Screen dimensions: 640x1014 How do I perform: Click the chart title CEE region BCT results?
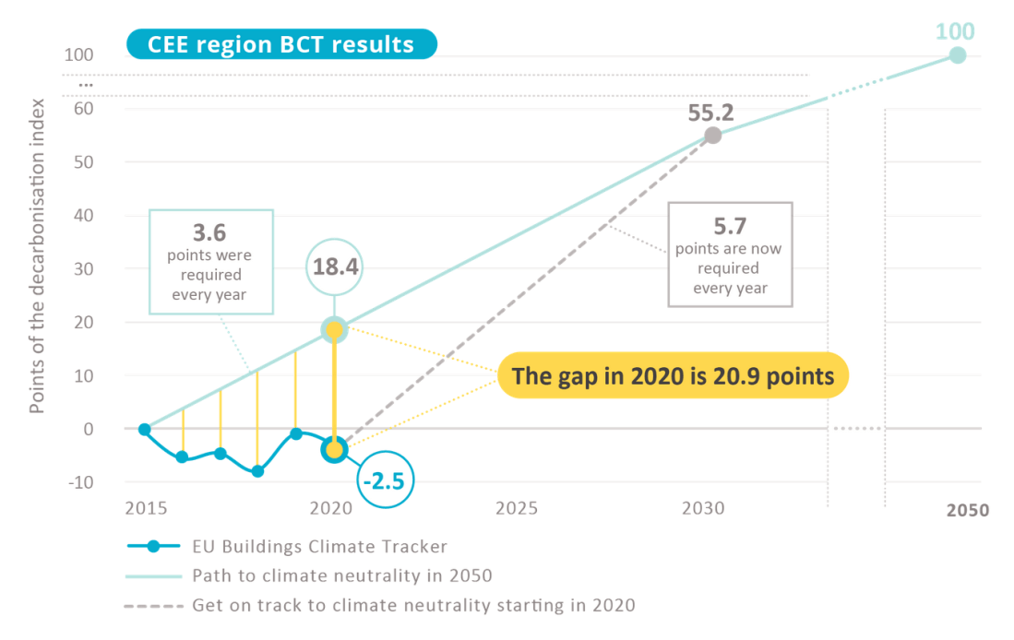(x=281, y=43)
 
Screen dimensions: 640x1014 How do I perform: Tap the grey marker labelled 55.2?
(x=712, y=136)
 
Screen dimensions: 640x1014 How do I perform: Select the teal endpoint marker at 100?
(x=958, y=55)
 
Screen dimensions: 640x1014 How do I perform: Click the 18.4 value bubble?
(x=334, y=268)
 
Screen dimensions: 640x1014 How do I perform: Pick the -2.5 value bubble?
(x=385, y=480)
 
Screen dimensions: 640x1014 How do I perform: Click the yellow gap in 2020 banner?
(x=673, y=375)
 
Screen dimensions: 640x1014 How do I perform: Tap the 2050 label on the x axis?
(x=966, y=510)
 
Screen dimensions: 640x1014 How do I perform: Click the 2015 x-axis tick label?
(x=145, y=508)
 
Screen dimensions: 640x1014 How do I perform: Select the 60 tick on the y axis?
(x=85, y=109)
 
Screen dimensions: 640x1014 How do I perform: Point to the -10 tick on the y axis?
(x=81, y=482)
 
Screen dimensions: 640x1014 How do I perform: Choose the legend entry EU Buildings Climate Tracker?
(x=319, y=546)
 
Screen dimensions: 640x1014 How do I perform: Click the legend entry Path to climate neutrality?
(x=342, y=575)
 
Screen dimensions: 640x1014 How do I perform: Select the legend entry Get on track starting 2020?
(x=413, y=606)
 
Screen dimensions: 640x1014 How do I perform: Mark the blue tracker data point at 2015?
(x=145, y=429)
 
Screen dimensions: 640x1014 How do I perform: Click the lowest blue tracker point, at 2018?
(x=257, y=471)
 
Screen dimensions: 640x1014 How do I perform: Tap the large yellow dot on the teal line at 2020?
(x=334, y=329)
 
